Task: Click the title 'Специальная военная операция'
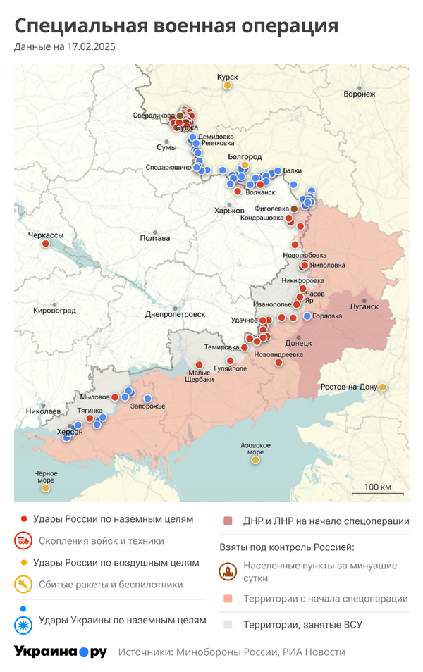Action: tap(176, 26)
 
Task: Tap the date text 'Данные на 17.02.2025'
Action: tap(65, 47)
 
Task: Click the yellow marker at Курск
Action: tap(228, 86)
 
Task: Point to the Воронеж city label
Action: tap(360, 94)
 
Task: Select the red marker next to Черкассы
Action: tap(46, 244)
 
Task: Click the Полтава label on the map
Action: tap(155, 238)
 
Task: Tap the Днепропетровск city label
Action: tap(175, 314)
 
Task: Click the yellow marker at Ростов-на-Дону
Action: tap(382, 387)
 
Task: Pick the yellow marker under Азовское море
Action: tap(255, 461)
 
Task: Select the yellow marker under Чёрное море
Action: tap(46, 487)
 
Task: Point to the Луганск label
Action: tap(364, 307)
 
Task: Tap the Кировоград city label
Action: tap(54, 310)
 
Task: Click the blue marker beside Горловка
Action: tap(307, 316)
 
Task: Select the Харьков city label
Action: tap(229, 211)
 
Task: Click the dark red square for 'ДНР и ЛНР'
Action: tap(228, 521)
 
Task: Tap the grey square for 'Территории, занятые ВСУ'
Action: tap(228, 624)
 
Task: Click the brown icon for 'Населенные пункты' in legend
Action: tap(228, 571)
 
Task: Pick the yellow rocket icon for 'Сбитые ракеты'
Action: tap(23, 584)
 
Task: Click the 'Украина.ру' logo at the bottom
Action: tap(61, 652)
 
